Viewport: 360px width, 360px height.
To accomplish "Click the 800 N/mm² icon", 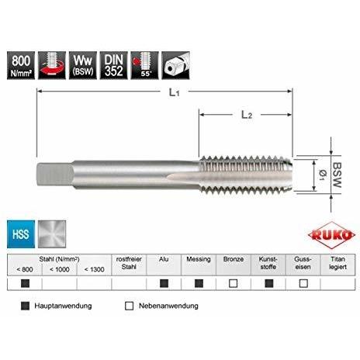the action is (21, 65).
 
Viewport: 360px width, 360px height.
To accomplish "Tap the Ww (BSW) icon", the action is (83, 65).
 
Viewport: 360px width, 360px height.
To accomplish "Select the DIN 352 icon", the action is (114, 65).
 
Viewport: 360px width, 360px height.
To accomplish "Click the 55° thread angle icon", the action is (145, 65).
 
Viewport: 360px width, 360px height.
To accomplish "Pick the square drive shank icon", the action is (175, 65).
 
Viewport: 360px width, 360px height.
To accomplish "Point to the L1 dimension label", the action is (175, 92).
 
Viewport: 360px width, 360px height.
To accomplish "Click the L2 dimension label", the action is (247, 115).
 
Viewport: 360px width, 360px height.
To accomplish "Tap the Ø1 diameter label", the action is (323, 175).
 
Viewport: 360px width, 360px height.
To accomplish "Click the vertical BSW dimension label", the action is (337, 175).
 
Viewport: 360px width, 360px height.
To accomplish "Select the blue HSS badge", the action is (21, 234).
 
